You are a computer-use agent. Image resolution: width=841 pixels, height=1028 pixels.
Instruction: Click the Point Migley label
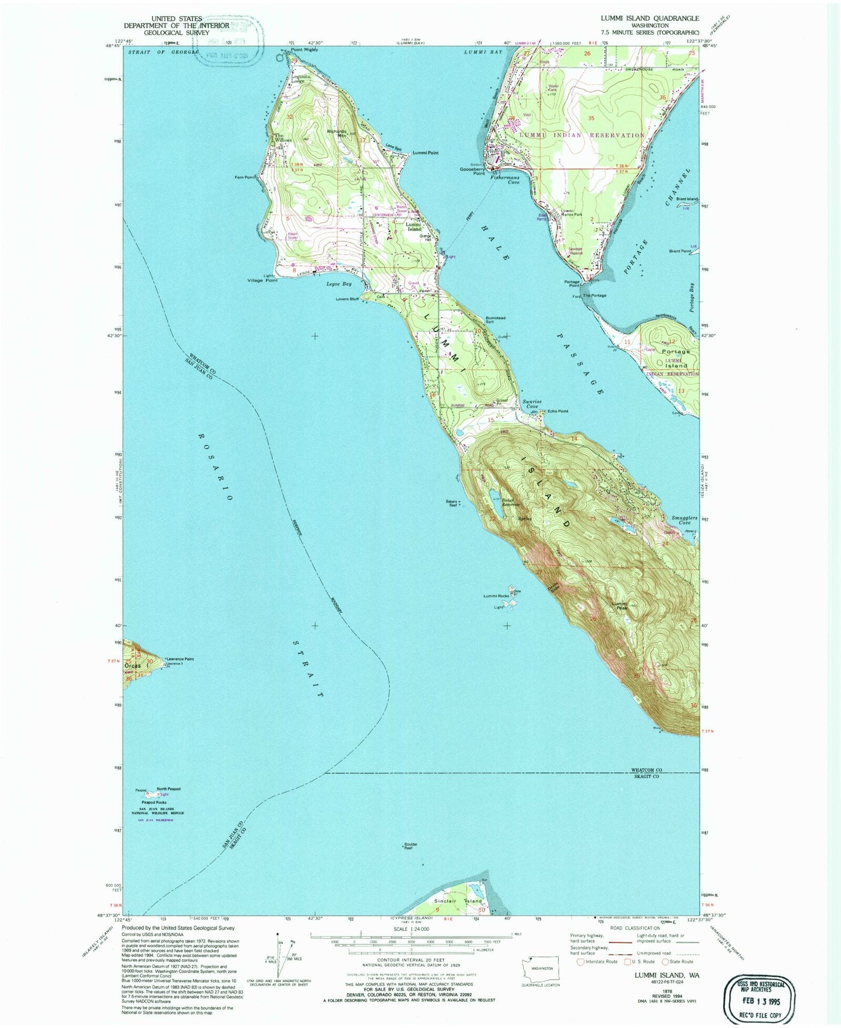coord(304,51)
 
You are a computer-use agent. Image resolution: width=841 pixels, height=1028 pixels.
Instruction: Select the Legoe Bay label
coord(339,284)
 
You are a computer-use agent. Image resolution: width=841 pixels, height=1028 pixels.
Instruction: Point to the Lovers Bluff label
coord(346,299)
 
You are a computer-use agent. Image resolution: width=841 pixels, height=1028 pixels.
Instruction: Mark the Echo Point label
coord(558,411)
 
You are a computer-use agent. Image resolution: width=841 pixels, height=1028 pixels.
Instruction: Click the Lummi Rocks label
coord(496,596)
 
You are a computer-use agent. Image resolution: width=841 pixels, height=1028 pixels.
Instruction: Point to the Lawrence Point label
coord(180,659)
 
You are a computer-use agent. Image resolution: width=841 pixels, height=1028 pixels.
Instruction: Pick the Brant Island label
coord(687,199)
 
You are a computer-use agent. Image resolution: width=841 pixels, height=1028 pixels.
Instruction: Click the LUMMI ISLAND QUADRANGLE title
coord(650,19)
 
